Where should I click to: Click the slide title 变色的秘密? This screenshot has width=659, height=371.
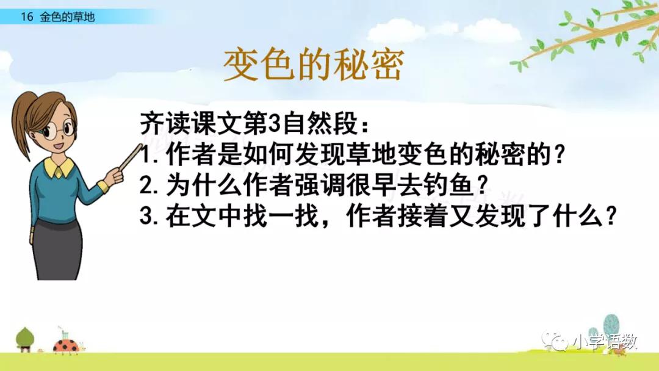pos(314,64)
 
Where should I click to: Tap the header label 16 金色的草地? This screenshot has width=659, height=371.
pos(58,17)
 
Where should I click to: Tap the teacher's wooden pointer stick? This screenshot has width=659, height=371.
pos(131,156)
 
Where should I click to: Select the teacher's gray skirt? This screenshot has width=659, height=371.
pos(57,249)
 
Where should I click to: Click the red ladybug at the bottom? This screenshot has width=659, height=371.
pos(65,345)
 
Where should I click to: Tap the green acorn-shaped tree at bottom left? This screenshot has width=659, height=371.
pos(24,339)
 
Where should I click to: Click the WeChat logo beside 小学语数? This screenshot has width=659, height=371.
pos(555,341)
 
